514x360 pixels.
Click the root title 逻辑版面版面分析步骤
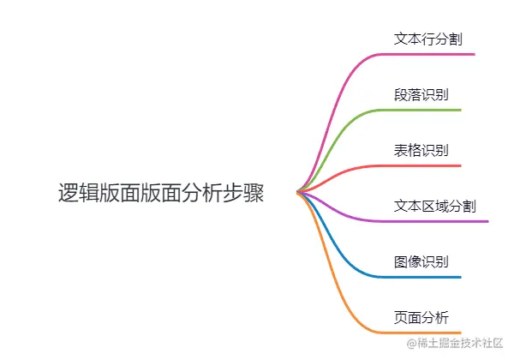[x=161, y=193]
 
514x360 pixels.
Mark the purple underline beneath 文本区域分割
[x=437, y=221]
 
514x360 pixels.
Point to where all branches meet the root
[x=297, y=192]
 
